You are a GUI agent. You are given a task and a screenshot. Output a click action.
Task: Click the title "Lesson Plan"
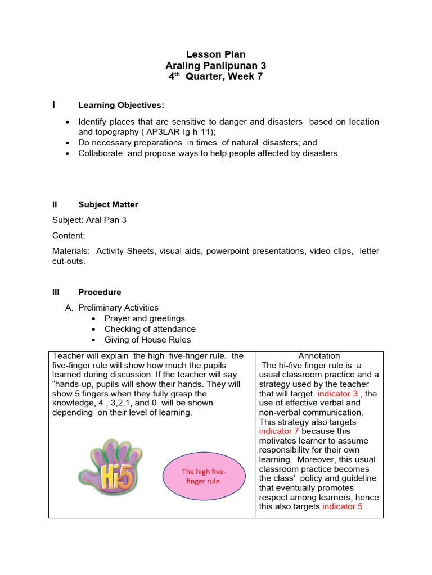216,55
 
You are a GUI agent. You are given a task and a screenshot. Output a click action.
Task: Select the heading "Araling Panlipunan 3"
216,66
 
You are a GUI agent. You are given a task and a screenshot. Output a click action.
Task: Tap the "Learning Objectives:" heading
121,105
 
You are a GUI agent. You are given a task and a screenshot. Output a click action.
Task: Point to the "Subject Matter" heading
108,204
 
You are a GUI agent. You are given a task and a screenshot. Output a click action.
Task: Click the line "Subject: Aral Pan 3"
89,220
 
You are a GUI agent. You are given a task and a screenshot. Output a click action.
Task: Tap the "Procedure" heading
100,292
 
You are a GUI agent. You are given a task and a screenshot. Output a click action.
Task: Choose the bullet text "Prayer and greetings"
145,318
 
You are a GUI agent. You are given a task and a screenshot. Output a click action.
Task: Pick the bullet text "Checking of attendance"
150,329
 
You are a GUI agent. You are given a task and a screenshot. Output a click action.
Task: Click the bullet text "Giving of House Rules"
147,340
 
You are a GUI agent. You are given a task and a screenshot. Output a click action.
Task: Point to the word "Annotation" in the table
319,356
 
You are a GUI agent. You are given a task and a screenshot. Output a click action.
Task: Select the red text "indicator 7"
280,431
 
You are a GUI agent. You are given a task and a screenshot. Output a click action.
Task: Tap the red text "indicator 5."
343,506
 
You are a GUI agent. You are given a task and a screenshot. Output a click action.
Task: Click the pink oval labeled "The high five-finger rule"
203,476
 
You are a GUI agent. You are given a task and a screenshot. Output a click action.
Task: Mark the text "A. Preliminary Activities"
112,308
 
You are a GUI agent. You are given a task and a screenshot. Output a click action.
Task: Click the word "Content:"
69,236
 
